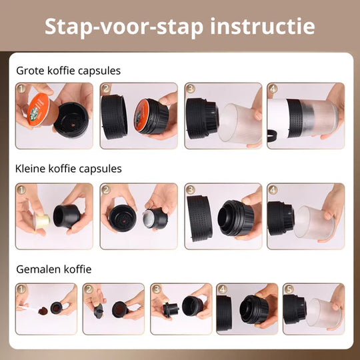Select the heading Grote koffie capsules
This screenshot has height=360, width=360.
[x=68, y=70]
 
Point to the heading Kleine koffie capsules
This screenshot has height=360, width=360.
[x=69, y=169]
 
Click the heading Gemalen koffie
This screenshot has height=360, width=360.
[x=54, y=269]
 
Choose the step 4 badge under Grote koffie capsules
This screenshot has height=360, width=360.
[x=273, y=89]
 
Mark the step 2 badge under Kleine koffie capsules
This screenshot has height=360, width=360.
[x=105, y=189]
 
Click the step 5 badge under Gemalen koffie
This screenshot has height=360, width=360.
[x=288, y=289]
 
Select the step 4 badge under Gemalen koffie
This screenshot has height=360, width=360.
[x=221, y=289]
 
